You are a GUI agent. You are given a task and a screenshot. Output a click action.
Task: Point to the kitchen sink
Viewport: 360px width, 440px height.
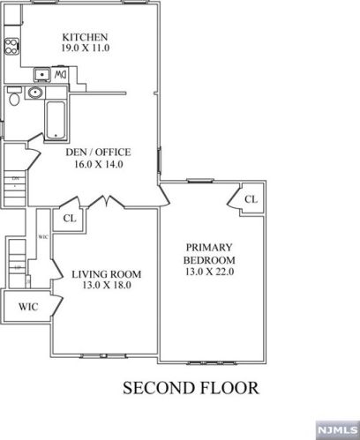pos(41,74)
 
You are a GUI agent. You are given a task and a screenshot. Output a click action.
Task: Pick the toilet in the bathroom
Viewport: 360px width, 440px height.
pos(13,100)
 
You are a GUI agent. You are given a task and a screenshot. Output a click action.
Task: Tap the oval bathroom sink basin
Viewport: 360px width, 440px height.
pos(35,93)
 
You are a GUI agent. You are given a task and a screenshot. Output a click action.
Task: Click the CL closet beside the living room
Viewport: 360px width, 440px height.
pos(70,218)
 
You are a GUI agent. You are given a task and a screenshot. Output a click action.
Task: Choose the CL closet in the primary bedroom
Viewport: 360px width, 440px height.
pos(251,199)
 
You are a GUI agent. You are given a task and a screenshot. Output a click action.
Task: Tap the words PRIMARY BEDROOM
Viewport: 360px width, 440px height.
pos(209,254)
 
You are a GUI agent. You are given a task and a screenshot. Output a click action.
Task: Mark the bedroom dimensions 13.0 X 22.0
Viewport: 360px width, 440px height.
pos(209,272)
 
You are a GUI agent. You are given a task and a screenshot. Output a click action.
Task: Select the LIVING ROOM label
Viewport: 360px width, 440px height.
pos(106,274)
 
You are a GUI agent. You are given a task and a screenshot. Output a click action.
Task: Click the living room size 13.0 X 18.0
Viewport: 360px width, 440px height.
pos(106,287)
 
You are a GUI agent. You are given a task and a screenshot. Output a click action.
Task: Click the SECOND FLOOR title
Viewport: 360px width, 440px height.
pos(191,387)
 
